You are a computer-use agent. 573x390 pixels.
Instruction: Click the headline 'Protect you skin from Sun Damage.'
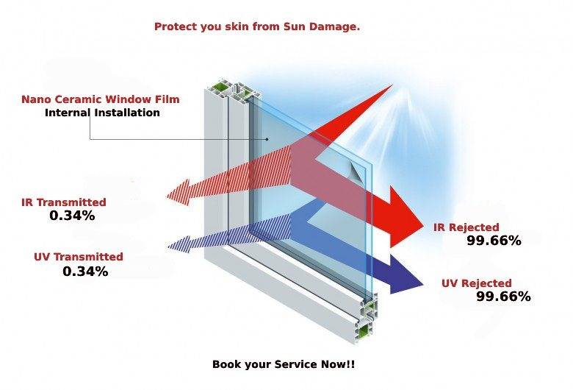click(x=256, y=26)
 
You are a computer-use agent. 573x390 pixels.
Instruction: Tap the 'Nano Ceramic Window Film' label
click(x=100, y=99)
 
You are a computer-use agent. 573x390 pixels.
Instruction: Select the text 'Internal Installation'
click(x=102, y=113)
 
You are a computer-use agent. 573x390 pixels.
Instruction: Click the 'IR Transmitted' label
click(x=63, y=202)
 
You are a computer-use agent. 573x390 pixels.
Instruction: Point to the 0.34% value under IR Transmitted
click(x=72, y=216)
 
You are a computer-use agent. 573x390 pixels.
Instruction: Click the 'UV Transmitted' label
click(x=78, y=257)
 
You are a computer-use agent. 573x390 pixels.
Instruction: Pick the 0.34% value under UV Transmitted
click(x=85, y=272)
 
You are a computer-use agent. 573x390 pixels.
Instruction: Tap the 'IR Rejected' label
click(x=466, y=227)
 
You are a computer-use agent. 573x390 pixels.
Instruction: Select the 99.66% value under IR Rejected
click(x=494, y=241)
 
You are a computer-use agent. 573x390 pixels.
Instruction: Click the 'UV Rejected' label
click(x=476, y=283)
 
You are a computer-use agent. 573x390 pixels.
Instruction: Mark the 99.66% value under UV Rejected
click(x=503, y=297)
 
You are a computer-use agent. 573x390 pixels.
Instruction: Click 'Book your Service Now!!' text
click(x=284, y=364)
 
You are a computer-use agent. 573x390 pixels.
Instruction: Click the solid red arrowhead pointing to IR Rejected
click(x=407, y=217)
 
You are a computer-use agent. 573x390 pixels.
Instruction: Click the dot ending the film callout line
click(x=268, y=138)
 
